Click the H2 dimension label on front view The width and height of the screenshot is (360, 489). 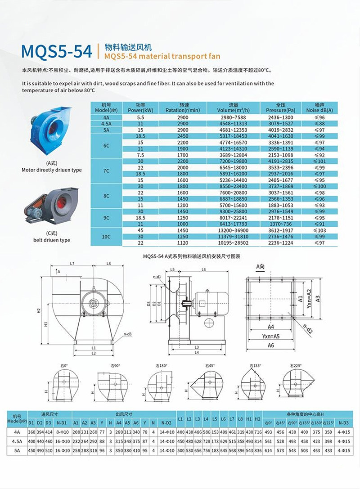(x=39, y=310)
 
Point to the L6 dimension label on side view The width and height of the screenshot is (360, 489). (x=204, y=269)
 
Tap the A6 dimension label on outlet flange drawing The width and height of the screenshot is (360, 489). (x=271, y=345)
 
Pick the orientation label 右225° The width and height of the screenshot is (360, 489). (x=296, y=365)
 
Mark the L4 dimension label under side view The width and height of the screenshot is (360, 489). (x=197, y=352)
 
